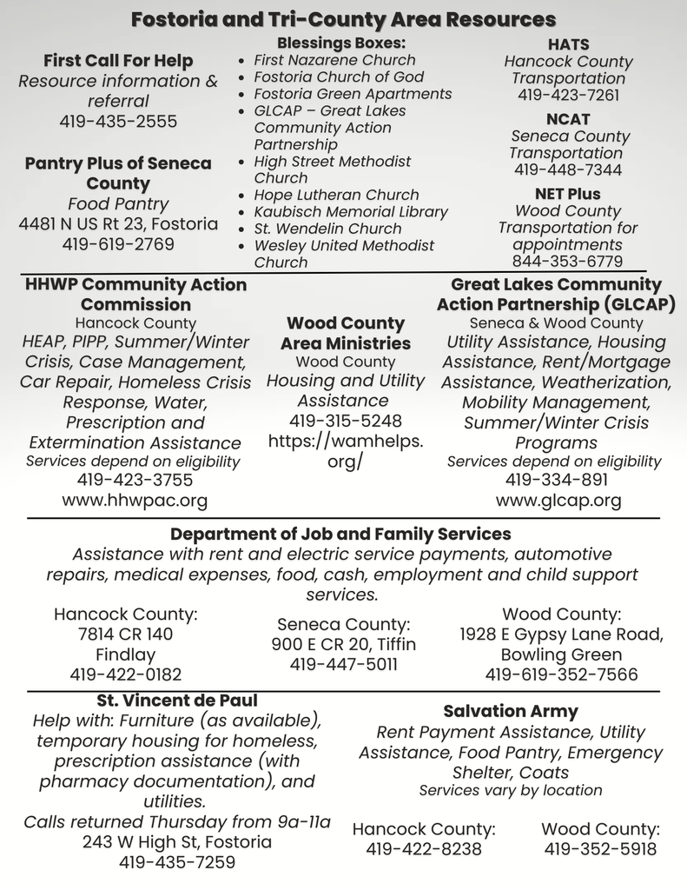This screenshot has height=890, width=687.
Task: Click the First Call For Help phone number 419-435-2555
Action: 118,122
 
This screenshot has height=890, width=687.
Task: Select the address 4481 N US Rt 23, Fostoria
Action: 118,224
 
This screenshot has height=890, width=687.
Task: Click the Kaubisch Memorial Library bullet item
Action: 350,211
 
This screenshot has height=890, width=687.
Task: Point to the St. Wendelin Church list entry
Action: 327,229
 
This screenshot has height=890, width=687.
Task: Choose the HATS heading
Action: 568,44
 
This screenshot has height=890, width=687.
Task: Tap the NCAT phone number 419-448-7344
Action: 568,170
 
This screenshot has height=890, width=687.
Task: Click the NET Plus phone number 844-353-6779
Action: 567,262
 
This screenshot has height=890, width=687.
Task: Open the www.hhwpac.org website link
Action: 135,501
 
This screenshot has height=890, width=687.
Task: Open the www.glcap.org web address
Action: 558,501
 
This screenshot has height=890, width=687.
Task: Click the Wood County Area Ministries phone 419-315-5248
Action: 345,422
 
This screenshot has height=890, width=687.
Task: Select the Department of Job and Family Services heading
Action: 340,534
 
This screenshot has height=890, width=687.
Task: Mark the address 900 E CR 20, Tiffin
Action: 343,644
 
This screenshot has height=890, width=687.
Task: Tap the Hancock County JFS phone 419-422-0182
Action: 126,674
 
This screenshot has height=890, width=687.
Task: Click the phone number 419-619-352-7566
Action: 561,674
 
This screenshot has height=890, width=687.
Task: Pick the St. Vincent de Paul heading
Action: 177,701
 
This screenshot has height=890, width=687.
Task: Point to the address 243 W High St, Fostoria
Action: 177,842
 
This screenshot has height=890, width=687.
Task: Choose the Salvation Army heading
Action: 510,711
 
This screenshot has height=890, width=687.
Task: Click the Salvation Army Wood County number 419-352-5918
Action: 600,849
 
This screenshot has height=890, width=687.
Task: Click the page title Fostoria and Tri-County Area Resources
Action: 343,19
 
